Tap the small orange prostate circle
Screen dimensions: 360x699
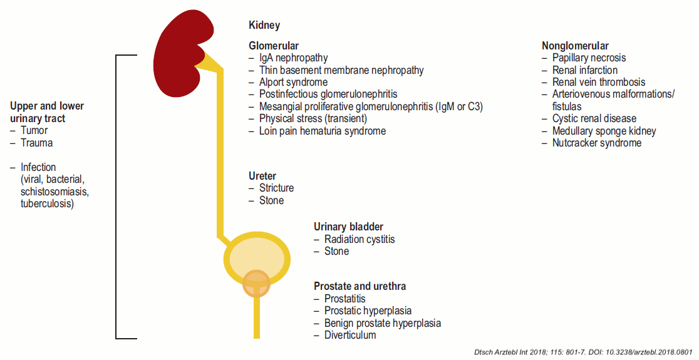[256, 282]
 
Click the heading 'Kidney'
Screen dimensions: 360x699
[264, 26]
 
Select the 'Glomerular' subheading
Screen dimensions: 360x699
[274, 46]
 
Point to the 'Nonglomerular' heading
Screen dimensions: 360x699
[575, 46]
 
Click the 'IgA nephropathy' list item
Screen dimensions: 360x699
[293, 58]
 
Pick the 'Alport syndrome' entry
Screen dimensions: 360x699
[293, 82]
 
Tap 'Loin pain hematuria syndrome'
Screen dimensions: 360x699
[322, 131]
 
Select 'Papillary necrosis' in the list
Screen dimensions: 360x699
[589, 58]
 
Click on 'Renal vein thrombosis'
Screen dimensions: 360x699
[598, 82]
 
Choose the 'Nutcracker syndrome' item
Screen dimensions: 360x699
[596, 143]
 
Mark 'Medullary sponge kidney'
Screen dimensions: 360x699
[604, 131]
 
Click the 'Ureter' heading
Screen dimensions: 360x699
[262, 177]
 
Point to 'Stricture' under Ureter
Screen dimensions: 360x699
[276, 188]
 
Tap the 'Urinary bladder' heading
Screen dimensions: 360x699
[348, 227]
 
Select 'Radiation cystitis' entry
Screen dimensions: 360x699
[360, 239]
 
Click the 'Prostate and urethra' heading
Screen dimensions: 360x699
[360, 286]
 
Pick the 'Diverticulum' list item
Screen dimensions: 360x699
[350, 335]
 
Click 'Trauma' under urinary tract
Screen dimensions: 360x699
[36, 143]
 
